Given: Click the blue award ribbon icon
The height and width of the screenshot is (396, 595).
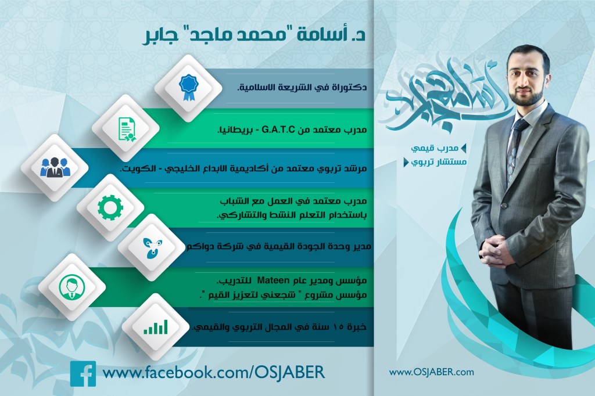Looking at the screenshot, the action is pyautogui.click(x=188, y=88).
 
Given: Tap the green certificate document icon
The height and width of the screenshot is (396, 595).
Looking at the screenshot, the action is pyautogui.click(x=126, y=129).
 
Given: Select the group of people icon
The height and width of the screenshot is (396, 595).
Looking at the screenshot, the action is pyautogui.click(x=55, y=167).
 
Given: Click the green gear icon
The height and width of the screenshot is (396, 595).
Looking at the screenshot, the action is pyautogui.click(x=110, y=207).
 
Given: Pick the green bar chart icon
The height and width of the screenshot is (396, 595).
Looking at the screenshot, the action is pyautogui.click(x=156, y=327).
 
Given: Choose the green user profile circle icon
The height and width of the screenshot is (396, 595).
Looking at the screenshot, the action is pyautogui.click(x=71, y=287).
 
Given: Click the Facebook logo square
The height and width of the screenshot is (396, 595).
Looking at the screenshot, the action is pyautogui.click(x=83, y=373).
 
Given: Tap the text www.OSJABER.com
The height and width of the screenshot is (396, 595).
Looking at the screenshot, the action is pyautogui.click(x=431, y=372).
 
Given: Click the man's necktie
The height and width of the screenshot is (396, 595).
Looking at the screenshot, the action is pyautogui.click(x=514, y=152).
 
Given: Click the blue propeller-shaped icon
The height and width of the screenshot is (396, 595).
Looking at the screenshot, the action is pyautogui.click(x=151, y=247).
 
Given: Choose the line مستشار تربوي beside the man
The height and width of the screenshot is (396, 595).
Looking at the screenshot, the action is pyautogui.click(x=439, y=163).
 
